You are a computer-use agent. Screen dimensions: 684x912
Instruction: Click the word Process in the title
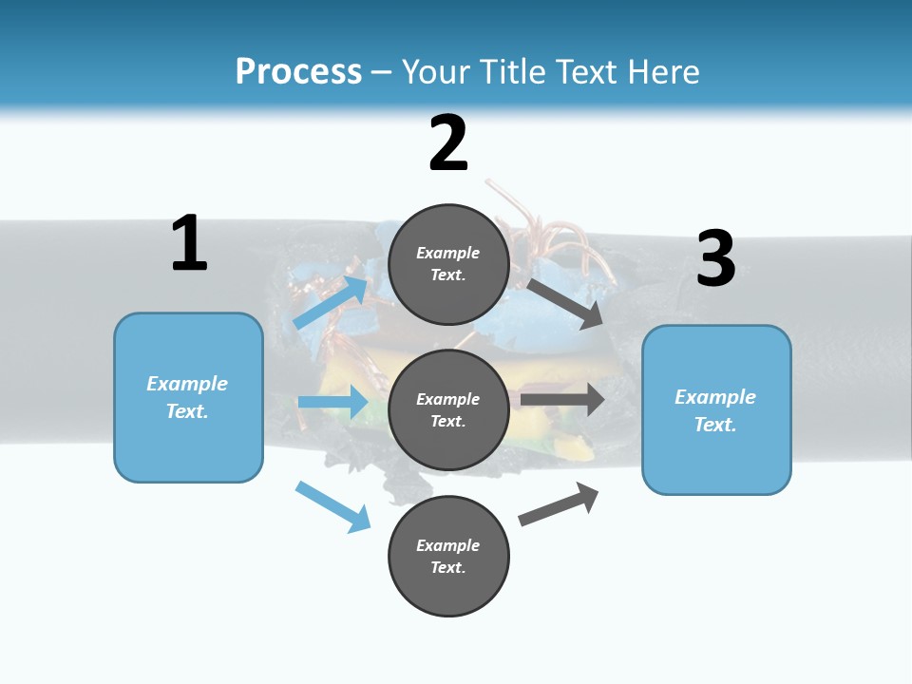coord(298,72)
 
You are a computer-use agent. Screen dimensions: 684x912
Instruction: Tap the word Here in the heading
coord(659,72)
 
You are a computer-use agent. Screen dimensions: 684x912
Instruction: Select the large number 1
coord(189,243)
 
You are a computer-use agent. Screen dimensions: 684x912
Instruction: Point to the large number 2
coord(448,143)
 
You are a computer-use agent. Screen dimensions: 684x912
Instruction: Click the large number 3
coord(716,258)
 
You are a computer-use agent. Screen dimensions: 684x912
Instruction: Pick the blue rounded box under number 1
coord(188,397)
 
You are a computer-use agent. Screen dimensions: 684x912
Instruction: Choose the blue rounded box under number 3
coord(716,410)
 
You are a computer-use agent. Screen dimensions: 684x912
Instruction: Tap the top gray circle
coord(449,264)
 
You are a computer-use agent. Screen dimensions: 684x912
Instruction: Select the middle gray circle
coord(449,410)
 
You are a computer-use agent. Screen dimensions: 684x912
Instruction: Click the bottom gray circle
coord(449,556)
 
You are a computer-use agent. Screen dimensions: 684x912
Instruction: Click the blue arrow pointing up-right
coord(332,303)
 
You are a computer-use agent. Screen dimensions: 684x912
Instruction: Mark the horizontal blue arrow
coord(332,402)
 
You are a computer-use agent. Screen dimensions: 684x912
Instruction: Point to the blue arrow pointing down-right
coord(332,506)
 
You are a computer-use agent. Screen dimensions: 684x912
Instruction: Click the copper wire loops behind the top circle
coord(541,233)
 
